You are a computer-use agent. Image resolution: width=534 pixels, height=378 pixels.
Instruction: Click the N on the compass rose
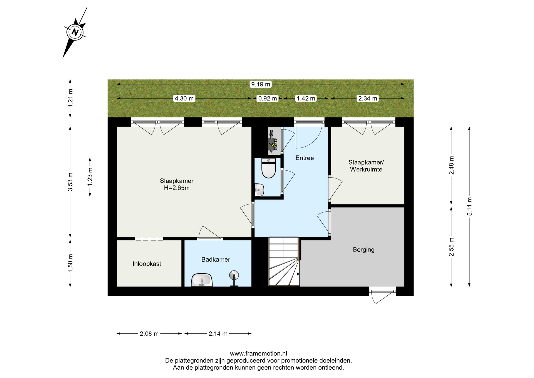(75, 32)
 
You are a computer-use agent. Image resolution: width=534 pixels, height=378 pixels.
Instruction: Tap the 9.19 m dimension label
(261, 84)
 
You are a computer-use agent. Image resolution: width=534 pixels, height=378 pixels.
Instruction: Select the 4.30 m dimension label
(184, 98)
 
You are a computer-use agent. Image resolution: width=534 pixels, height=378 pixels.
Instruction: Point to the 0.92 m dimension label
(268, 98)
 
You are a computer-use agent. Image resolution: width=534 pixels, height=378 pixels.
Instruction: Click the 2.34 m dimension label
(367, 98)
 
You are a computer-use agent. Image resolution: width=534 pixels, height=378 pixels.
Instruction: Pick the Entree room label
(305, 158)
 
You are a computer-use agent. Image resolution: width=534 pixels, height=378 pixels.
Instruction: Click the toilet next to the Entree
(269, 168)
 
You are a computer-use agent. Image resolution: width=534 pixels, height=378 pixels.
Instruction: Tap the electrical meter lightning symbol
(274, 145)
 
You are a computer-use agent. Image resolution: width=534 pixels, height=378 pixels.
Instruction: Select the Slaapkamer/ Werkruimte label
(366, 166)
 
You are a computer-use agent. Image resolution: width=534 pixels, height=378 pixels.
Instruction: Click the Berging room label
(364, 249)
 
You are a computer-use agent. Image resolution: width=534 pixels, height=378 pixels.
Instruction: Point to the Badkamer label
(216, 259)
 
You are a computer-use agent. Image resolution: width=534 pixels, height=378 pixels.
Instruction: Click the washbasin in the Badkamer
(202, 280)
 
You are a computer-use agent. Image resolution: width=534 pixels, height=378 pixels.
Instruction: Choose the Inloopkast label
(147, 264)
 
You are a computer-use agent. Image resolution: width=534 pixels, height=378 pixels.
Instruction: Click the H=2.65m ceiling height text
(177, 188)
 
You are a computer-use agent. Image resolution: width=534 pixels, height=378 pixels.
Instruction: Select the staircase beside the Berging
(284, 261)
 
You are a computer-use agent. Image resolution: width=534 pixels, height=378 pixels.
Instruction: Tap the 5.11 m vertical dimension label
(469, 206)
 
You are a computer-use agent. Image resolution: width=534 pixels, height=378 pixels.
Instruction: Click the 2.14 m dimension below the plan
(218, 333)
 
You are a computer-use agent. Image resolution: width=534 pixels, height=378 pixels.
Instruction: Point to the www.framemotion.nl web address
(258, 354)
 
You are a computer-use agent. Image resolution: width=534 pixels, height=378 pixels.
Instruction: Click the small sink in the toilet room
(259, 190)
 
